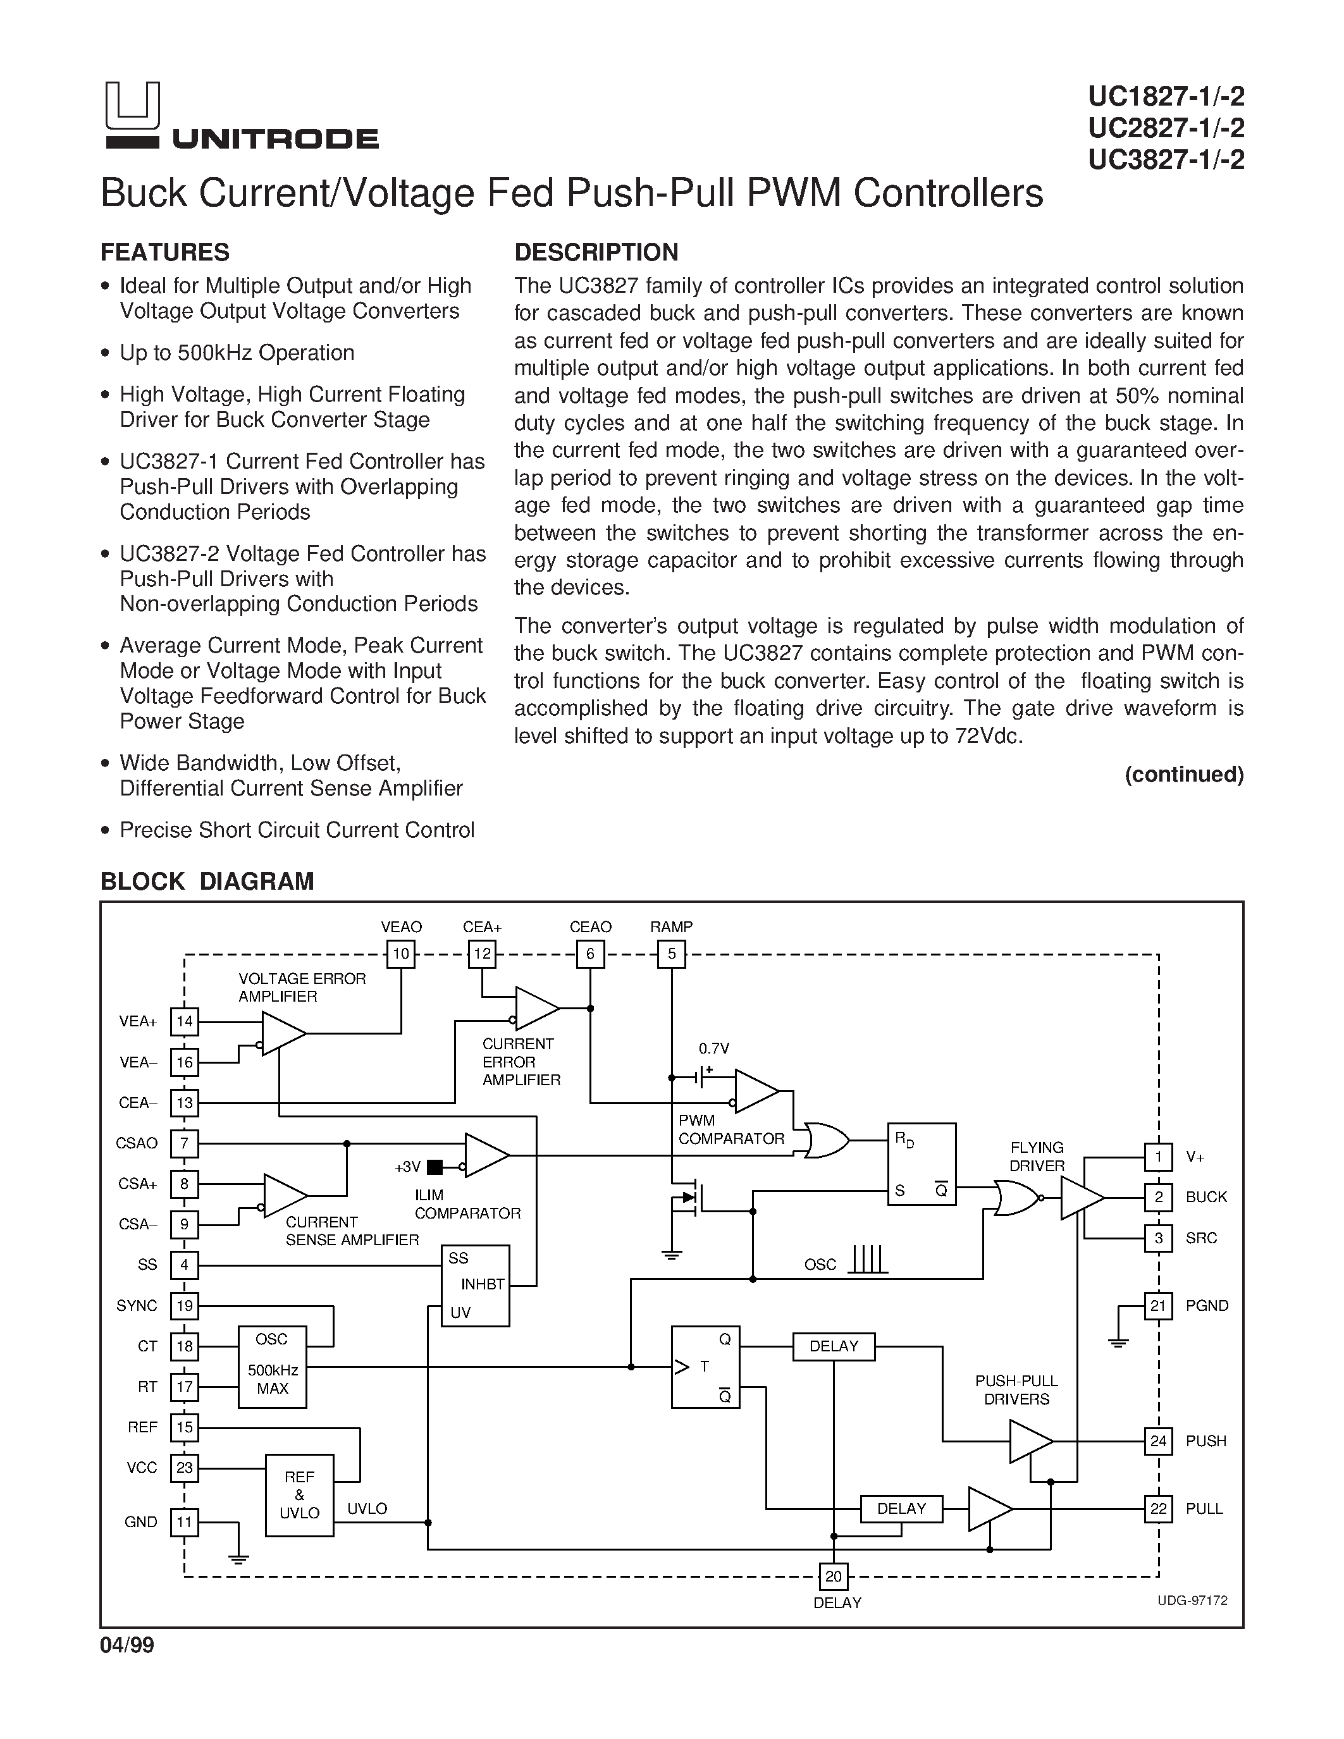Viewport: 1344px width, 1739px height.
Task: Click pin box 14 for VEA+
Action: coord(185,1021)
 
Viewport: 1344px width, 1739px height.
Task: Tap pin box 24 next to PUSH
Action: coord(1159,1441)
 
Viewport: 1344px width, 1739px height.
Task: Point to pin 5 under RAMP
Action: coord(671,954)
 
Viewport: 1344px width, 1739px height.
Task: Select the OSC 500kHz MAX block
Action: coord(273,1367)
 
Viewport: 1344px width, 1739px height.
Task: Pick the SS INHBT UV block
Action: coord(476,1285)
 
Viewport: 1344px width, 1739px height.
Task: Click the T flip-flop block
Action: coord(705,1367)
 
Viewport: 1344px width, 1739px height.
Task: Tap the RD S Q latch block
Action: coord(922,1164)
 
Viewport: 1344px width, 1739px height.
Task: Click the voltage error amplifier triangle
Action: coord(283,1033)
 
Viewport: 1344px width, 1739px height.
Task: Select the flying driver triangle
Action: coord(1082,1198)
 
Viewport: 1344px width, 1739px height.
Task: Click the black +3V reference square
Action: coord(435,1167)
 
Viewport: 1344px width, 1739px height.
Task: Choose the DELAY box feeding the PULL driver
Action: coord(901,1509)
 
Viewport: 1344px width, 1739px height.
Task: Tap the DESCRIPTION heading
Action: coord(596,252)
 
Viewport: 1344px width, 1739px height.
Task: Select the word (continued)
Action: coord(1184,775)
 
